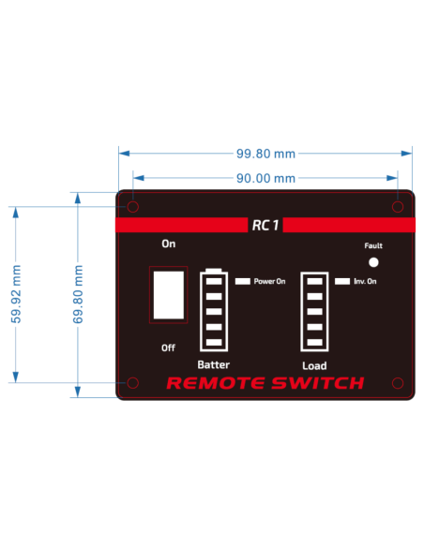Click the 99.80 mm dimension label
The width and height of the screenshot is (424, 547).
tap(265, 154)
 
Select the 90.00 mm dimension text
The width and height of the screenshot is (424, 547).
tap(265, 178)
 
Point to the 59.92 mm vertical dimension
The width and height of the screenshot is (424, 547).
tap(16, 294)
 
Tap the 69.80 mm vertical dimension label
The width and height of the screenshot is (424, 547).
tap(78, 294)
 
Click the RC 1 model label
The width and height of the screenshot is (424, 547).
tap(265, 225)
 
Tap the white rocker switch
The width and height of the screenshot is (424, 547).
tap(169, 295)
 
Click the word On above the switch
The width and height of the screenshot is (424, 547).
tap(169, 244)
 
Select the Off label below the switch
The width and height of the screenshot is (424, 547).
tap(168, 347)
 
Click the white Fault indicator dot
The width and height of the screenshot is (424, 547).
tap(373, 262)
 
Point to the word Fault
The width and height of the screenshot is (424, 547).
tap(373, 245)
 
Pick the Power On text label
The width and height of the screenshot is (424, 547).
tap(269, 281)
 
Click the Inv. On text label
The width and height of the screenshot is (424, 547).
tap(365, 281)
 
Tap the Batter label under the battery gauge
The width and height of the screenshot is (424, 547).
tap(213, 364)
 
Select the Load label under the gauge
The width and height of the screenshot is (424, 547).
tap(314, 365)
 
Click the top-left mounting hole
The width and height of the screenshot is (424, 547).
tap(132, 207)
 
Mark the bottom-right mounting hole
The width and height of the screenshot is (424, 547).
tap(398, 383)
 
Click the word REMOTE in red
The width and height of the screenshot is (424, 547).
tap(216, 383)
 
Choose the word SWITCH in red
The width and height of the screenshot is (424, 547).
tap(318, 383)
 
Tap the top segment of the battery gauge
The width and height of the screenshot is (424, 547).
tap(214, 281)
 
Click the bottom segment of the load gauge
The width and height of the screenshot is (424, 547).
tap(314, 342)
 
